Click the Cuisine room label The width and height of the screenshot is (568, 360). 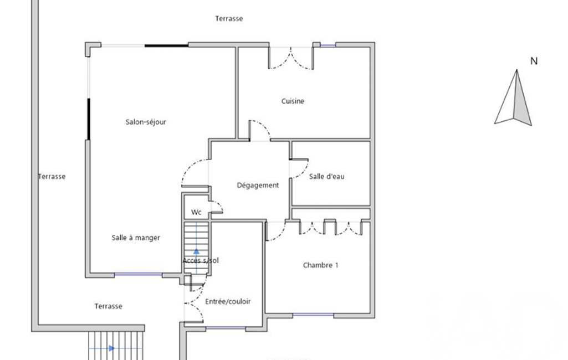click(293, 101)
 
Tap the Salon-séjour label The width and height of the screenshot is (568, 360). click(146, 122)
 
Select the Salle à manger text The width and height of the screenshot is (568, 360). click(136, 238)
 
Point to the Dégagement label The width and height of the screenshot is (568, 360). click(258, 186)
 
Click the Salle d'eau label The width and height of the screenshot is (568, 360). click(327, 176)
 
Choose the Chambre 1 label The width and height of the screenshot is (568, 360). click(321, 265)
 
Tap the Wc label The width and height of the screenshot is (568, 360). click(196, 212)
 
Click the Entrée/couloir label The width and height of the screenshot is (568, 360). click(228, 301)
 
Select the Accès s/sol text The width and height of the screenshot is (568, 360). click(201, 260)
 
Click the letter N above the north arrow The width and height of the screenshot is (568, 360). click(534, 61)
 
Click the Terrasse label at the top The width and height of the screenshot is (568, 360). click(229, 18)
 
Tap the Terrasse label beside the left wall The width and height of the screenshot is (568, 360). click(52, 176)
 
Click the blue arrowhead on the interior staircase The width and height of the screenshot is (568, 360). click(196, 251)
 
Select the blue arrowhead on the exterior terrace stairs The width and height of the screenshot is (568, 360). click(111, 348)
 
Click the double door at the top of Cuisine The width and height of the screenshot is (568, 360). click(291, 58)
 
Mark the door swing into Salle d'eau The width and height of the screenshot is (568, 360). click(299, 169)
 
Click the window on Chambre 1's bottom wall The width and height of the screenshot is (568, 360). click(313, 315)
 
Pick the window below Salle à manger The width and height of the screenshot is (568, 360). click(138, 275)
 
